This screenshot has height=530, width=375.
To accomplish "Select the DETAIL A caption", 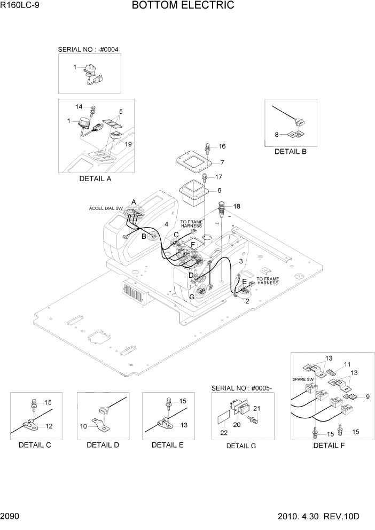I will point(95,179).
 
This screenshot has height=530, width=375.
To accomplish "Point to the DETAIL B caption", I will point(290,152).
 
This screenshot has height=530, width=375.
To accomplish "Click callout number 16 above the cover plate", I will point(222,146).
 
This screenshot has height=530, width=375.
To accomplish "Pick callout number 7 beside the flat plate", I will point(222,162).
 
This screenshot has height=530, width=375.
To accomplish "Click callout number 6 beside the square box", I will point(218,190).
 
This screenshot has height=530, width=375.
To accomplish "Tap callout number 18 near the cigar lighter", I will point(237,206).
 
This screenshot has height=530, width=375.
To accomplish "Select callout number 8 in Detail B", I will point(277,135).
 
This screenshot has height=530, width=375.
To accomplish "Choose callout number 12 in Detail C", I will point(49,426).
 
